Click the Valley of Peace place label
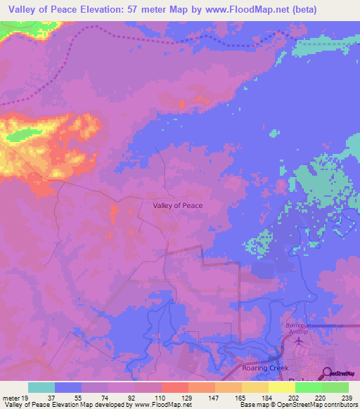(178, 205)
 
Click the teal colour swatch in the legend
(41, 387)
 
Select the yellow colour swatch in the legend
(282, 387)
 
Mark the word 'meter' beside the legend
(10, 398)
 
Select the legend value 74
(106, 398)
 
